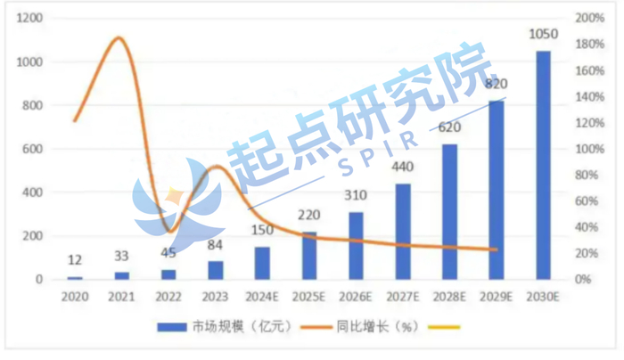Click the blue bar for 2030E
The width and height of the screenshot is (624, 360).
click(542, 165)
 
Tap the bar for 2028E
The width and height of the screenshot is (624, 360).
click(449, 212)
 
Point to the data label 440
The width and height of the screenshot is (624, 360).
click(402, 168)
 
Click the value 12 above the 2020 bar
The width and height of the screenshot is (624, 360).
click(75, 260)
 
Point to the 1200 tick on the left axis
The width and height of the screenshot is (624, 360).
click(30, 19)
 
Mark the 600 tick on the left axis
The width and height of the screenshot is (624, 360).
click(34, 149)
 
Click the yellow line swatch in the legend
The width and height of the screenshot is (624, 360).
click(443, 328)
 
